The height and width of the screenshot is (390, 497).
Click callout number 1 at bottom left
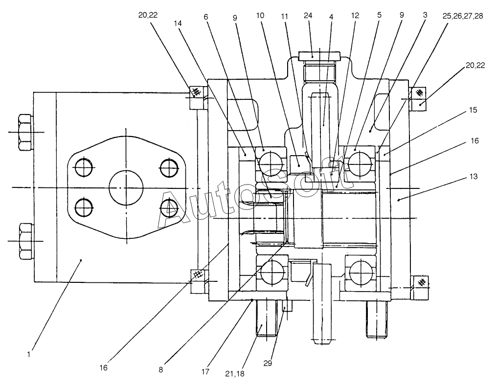click(29, 354)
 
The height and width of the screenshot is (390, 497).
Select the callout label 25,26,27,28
click(463, 16)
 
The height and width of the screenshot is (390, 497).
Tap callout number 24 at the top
click(308, 16)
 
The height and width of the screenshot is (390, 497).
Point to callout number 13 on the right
click(473, 176)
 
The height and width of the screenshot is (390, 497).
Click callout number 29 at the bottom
click(268, 363)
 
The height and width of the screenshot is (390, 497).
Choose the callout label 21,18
click(235, 374)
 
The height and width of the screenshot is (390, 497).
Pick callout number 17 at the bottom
click(205, 371)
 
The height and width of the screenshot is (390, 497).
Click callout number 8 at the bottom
click(161, 370)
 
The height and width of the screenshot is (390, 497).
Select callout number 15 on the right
click(473, 110)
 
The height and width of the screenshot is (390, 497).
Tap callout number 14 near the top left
click(178, 23)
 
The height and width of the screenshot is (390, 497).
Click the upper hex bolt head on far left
click(25, 132)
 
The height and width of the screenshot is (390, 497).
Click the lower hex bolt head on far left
click(26, 241)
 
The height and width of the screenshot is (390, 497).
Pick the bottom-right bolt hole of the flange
click(168, 208)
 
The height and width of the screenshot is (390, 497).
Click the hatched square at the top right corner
click(420, 92)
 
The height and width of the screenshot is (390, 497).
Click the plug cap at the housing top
click(319, 57)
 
